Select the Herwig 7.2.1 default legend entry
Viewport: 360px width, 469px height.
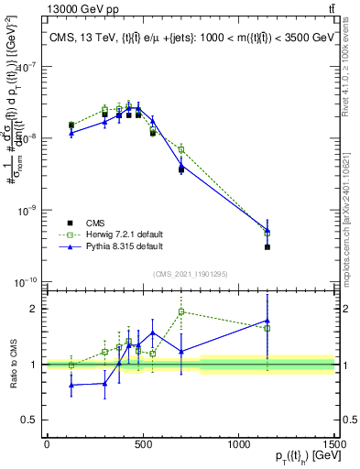pyautogui.click(x=116, y=234)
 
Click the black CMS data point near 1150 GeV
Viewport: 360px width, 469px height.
pyautogui.click(x=267, y=247)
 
